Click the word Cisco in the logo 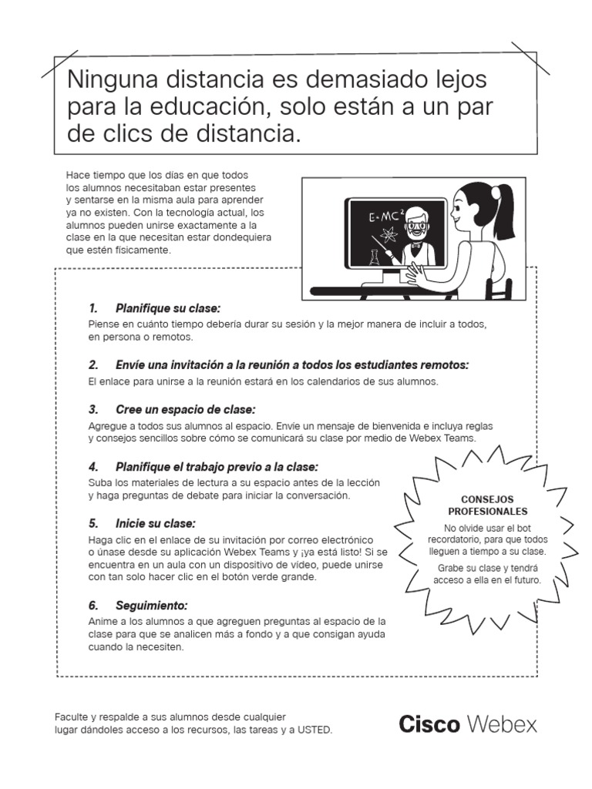click(429, 724)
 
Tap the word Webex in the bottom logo click(502, 724)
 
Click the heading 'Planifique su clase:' click(167, 308)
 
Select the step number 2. click(93, 364)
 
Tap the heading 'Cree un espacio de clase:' click(185, 409)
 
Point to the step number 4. click(93, 467)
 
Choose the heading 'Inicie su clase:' click(157, 523)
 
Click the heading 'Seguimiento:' click(152, 605)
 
